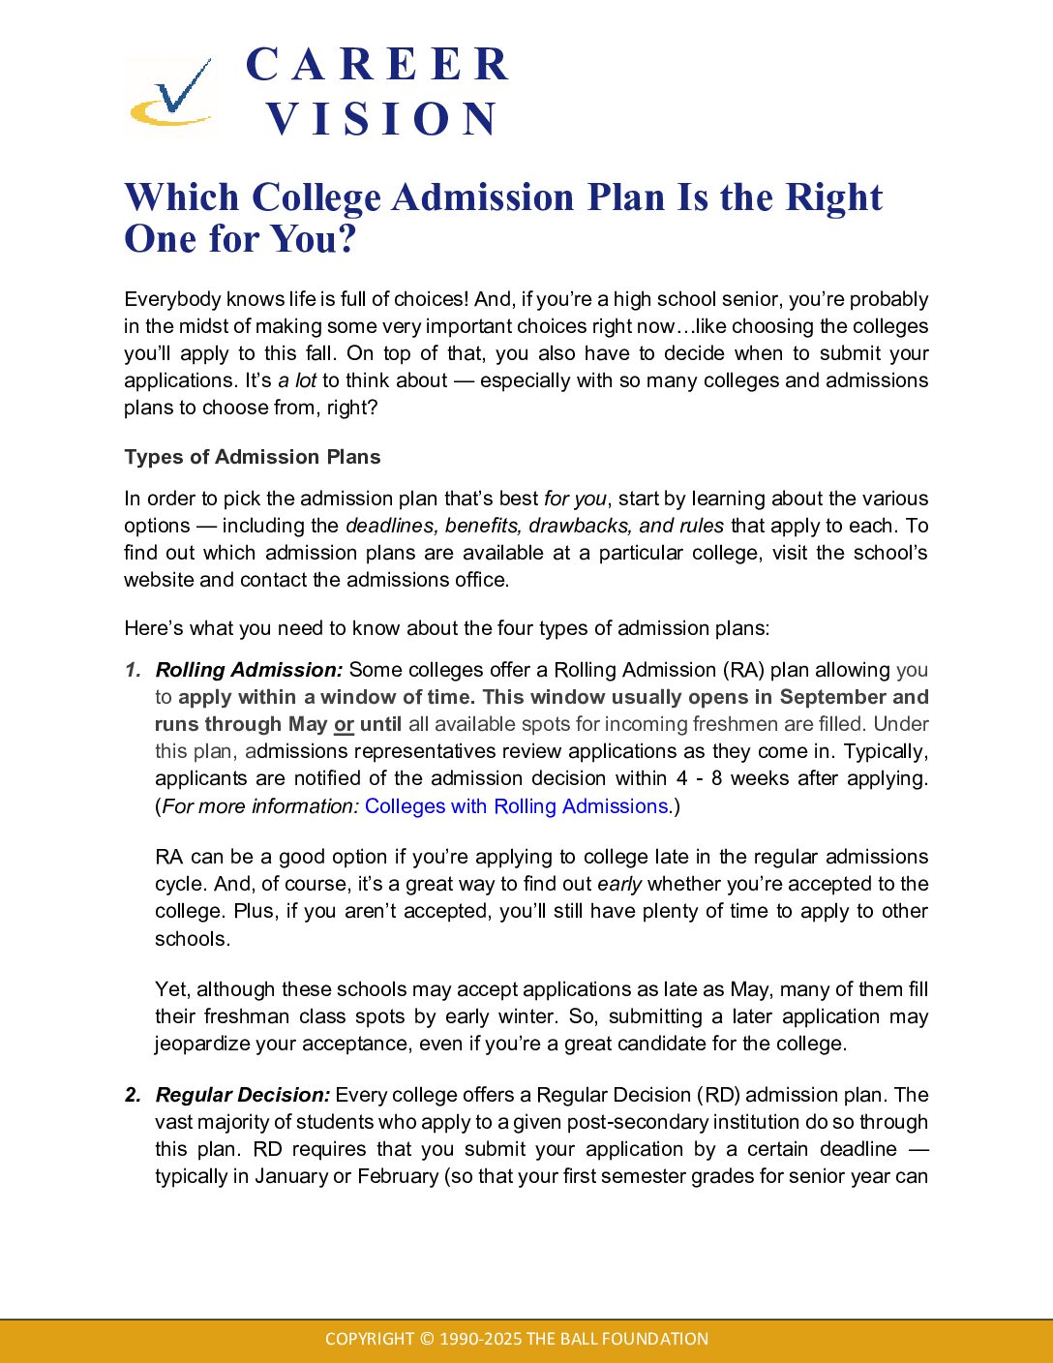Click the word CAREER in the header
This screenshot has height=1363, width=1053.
[x=377, y=65]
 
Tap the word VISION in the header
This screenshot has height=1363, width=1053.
[x=382, y=119]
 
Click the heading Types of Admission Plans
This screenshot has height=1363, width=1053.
[x=253, y=457]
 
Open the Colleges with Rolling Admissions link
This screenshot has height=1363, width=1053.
[x=517, y=806]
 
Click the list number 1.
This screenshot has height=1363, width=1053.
[x=133, y=670]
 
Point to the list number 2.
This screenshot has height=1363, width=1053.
[x=133, y=1095]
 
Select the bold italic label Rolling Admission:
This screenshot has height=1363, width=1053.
[x=249, y=670]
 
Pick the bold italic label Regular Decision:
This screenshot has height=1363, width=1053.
[x=243, y=1095]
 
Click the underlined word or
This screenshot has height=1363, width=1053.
[x=344, y=724]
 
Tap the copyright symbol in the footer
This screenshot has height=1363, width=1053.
[x=427, y=1339]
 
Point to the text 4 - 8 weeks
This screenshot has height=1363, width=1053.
[x=747, y=778]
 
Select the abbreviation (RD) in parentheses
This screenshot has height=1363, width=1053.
[x=717, y=1095]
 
